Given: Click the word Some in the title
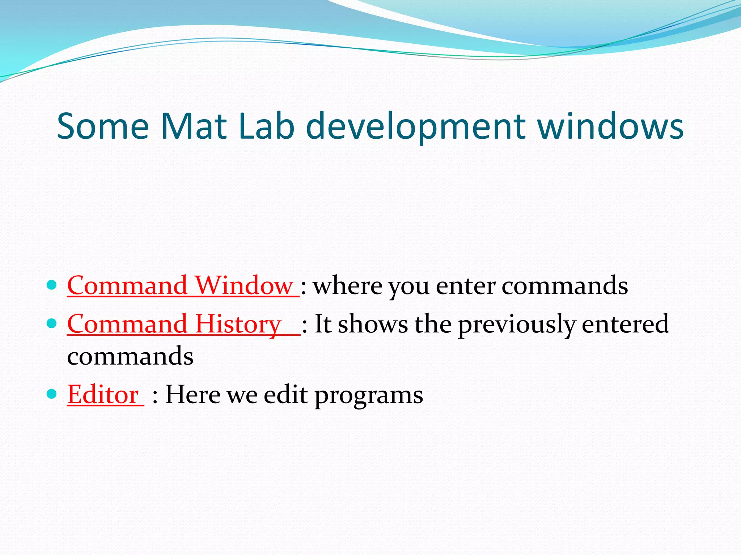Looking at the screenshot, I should click(x=103, y=126).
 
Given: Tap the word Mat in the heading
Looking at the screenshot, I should click(x=194, y=126).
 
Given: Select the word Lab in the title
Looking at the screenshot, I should click(x=267, y=126).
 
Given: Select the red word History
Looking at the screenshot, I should click(x=238, y=324).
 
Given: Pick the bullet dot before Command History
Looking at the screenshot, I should click(x=52, y=323).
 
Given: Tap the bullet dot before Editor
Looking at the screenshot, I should click(x=52, y=393).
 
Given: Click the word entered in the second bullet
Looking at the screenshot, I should click(x=625, y=324).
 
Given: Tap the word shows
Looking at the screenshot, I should click(x=373, y=324).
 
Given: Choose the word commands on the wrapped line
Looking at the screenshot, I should click(x=130, y=356).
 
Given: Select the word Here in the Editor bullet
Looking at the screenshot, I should click(x=192, y=395).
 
